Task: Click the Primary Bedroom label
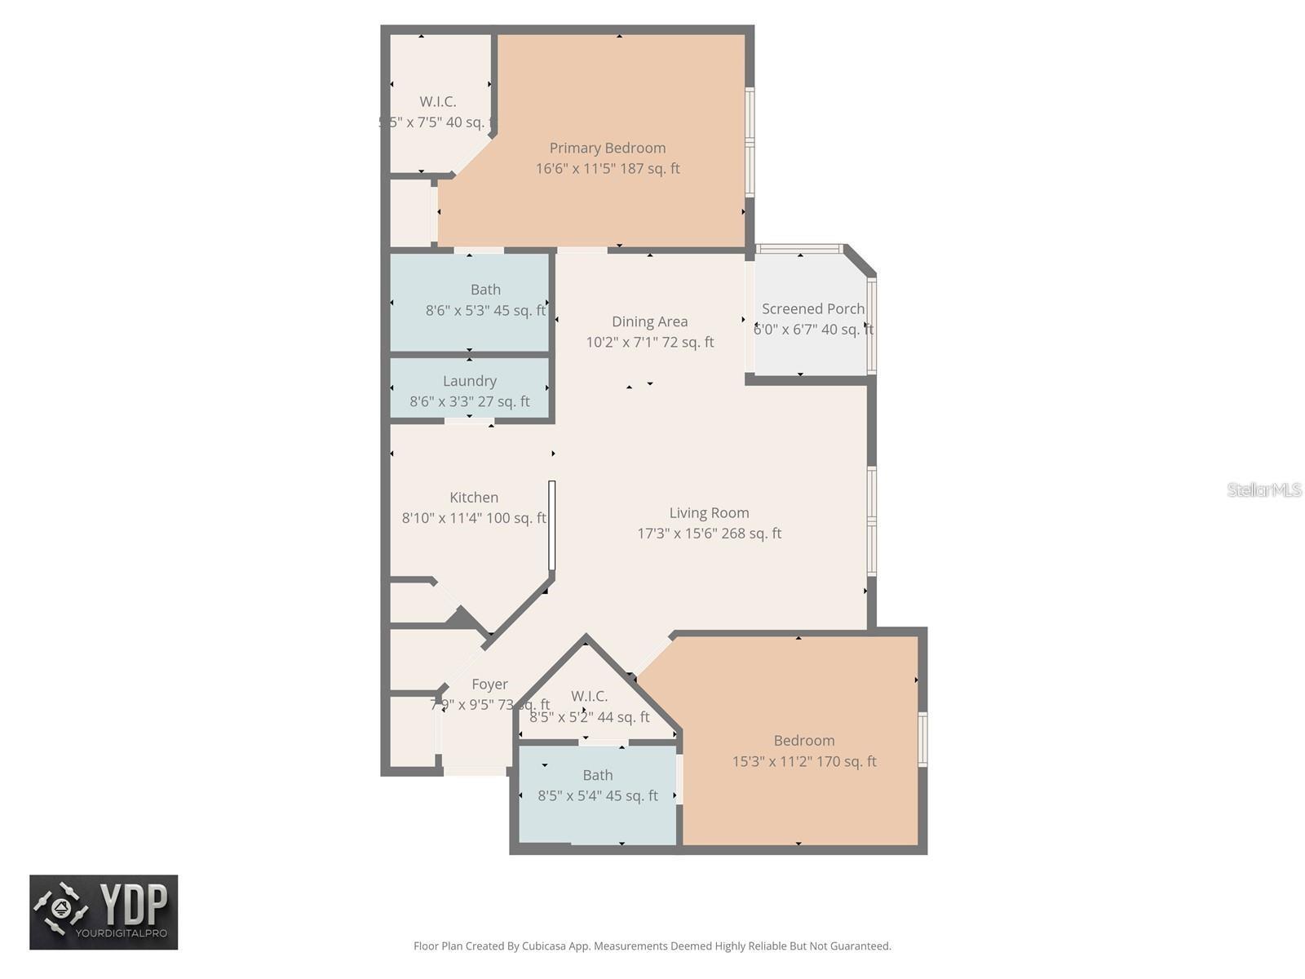[607, 148]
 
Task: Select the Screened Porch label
[812, 309]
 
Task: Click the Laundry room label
[469, 381]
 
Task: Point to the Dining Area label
[649, 321]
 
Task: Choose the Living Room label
[709, 513]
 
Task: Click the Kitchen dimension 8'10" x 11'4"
[473, 518]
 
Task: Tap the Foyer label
[489, 684]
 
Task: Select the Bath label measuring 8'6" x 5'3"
[485, 290]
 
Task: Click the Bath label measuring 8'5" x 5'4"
[597, 775]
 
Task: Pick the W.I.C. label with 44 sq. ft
[589, 696]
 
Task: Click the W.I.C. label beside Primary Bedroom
[437, 102]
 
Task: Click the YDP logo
[104, 912]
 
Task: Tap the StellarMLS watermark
[1263, 489]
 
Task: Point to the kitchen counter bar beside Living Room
[551, 525]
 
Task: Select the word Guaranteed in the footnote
[860, 946]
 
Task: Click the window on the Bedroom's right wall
[922, 739]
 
